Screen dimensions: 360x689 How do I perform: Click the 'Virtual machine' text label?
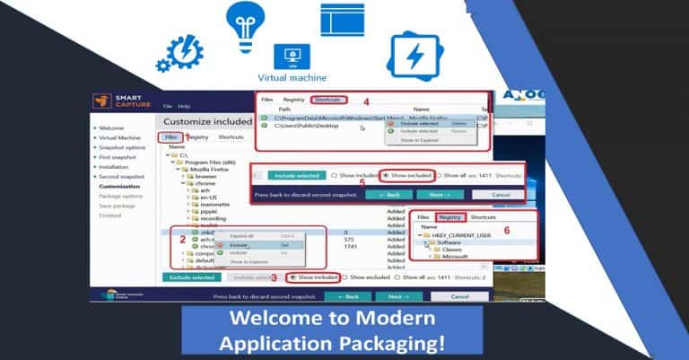tap(292, 77)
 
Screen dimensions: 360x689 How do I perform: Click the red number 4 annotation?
tap(366, 101)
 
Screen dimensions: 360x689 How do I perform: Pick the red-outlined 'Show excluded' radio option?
tap(407, 175)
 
